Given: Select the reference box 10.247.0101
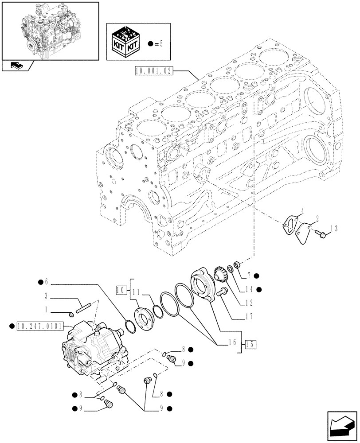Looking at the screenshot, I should [x=42, y=326].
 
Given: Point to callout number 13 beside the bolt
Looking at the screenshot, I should [x=334, y=228].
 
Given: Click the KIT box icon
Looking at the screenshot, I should [x=127, y=43].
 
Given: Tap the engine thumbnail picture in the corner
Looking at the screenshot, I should [x=50, y=31].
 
